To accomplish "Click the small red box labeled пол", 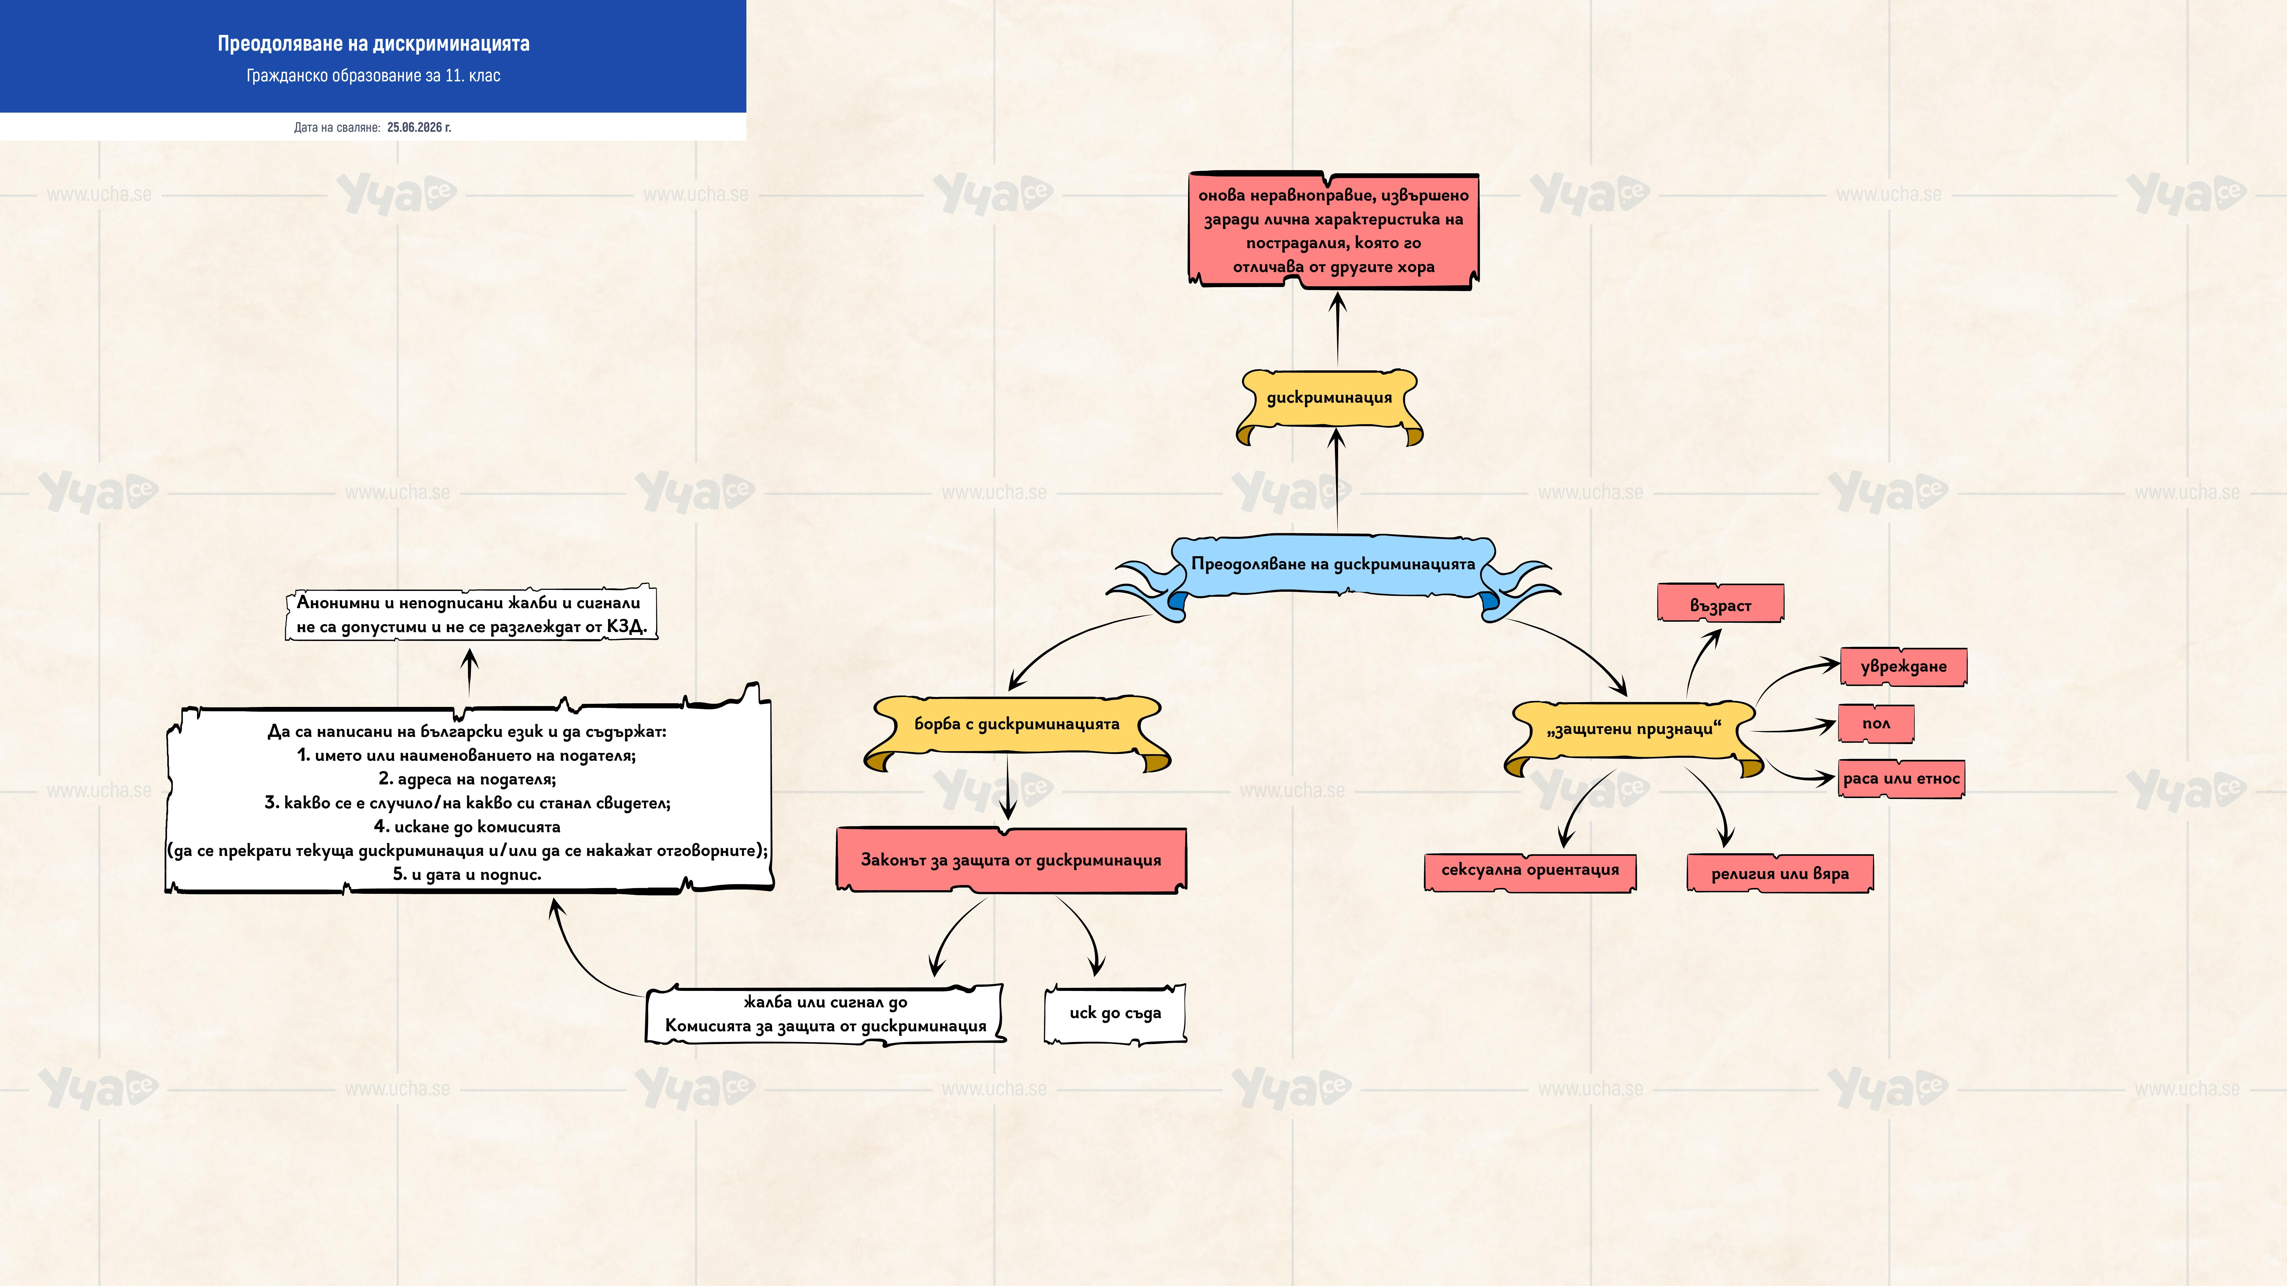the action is (1876, 723).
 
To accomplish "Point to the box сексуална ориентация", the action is (1530, 872).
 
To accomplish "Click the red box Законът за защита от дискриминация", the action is (1011, 859).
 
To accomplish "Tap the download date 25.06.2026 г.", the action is (419, 127).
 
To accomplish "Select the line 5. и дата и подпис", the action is (467, 874).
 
